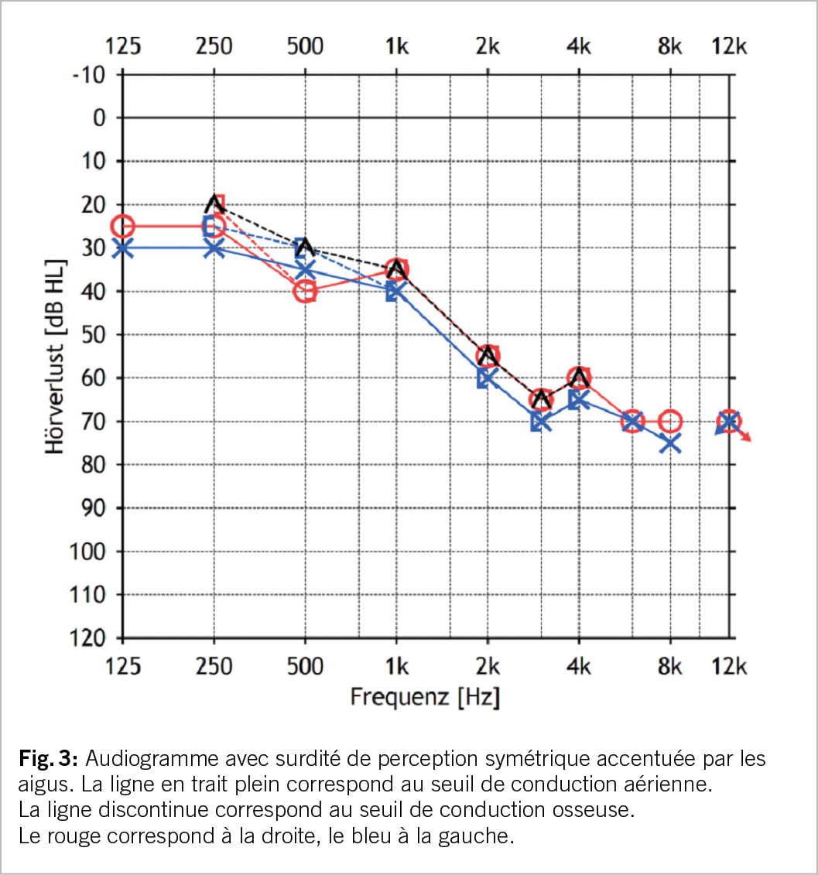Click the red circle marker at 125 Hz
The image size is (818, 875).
tap(123, 227)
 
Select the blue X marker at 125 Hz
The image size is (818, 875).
tap(123, 248)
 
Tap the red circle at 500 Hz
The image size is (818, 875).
tap(306, 292)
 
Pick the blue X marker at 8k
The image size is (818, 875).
tap(670, 443)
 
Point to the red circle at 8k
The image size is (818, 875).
tap(670, 422)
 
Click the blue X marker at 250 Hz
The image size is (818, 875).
tap(214, 248)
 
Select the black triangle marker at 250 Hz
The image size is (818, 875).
tap(214, 204)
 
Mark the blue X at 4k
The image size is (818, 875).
tap(579, 400)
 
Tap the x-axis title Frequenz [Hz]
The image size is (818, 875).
tap(425, 697)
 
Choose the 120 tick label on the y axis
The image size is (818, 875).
tap(91, 639)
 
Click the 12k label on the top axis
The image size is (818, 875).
tap(729, 46)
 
